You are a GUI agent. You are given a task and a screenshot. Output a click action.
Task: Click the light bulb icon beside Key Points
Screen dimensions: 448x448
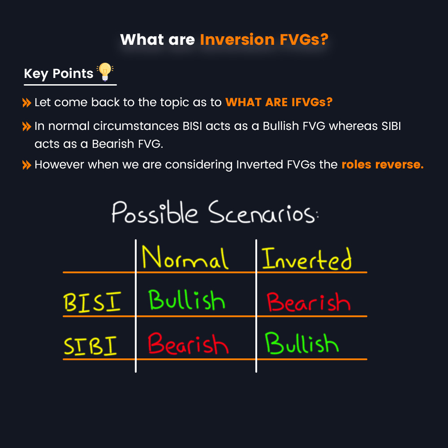pyautogui.click(x=105, y=72)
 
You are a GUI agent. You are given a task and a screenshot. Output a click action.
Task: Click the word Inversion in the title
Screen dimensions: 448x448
pyautogui.click(x=237, y=40)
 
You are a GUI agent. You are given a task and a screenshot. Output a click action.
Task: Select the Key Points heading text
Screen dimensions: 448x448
pyautogui.click(x=59, y=73)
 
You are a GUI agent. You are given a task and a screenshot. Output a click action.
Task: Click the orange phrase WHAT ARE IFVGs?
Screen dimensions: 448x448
pyautogui.click(x=279, y=102)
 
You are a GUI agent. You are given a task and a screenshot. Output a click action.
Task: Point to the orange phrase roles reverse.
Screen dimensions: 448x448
pyautogui.click(x=382, y=164)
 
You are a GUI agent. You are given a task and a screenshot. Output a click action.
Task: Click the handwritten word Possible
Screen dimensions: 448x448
pyautogui.click(x=155, y=213)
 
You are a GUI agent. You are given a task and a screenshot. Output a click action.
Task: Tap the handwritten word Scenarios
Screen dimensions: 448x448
pyautogui.click(x=264, y=214)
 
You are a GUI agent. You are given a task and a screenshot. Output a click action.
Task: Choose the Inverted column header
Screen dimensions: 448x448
pyautogui.click(x=307, y=258)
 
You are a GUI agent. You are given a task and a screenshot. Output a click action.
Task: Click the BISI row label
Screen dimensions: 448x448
pyautogui.click(x=92, y=303)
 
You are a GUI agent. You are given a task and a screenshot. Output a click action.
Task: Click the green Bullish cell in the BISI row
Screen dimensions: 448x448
pyautogui.click(x=186, y=300)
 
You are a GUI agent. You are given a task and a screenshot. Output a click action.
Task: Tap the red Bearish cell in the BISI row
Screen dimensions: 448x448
pyautogui.click(x=308, y=302)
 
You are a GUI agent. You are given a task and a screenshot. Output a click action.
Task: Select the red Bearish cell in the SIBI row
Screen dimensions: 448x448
pyautogui.click(x=188, y=344)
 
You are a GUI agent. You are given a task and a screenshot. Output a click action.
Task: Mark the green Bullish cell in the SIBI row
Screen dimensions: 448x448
pyautogui.click(x=302, y=344)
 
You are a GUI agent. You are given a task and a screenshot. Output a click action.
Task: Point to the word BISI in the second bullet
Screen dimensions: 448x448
pyautogui.click(x=193, y=126)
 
